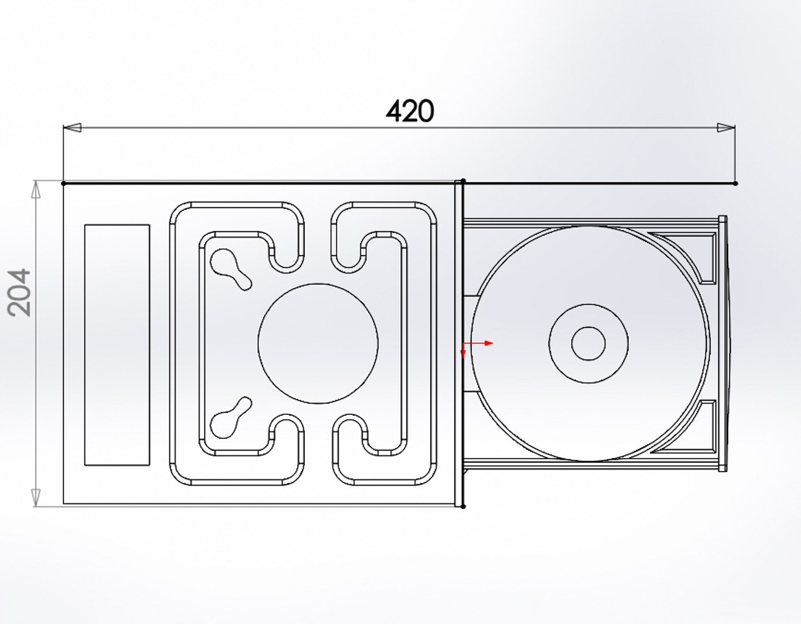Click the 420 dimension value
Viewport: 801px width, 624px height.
pos(409,112)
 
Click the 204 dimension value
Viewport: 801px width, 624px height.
pos(21,292)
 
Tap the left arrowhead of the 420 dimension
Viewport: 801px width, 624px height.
pos(71,128)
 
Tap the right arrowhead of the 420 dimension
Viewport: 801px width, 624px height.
pos(726,128)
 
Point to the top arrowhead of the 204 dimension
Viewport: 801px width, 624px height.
pos(36,190)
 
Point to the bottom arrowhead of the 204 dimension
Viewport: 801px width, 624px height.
pos(36,497)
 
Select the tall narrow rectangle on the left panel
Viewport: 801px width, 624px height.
pos(117,345)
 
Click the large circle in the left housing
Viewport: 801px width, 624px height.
pos(318,343)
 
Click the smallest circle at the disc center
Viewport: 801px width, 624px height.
pos(588,343)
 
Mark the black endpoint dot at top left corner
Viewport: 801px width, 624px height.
pos(64,183)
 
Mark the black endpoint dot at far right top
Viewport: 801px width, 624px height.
pos(735,183)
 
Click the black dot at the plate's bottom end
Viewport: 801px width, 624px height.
pos(464,506)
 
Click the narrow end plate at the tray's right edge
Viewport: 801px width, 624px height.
pos(722,343)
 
